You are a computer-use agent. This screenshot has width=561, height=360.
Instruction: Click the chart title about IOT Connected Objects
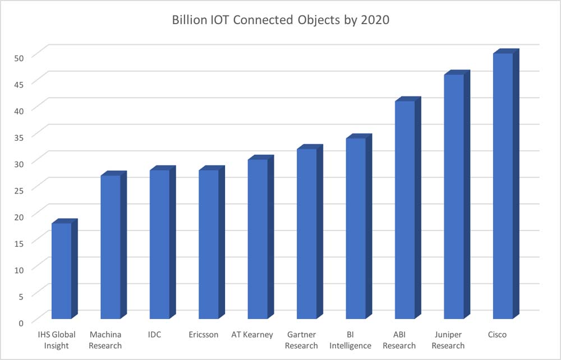(280, 21)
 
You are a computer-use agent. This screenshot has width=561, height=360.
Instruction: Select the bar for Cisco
(503, 185)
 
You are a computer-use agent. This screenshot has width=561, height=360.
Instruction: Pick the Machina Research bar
(110, 247)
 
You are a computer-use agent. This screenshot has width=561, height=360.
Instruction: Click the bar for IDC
(159, 244)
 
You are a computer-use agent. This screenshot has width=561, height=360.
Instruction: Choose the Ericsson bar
(208, 244)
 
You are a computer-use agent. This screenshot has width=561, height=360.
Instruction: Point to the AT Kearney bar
(257, 238)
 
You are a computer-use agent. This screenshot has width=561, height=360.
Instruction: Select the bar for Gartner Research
(306, 233)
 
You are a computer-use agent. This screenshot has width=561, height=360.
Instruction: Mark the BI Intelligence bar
(356, 228)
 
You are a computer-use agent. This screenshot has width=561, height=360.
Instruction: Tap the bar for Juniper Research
(454, 196)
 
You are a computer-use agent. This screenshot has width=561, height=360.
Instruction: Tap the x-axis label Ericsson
(204, 335)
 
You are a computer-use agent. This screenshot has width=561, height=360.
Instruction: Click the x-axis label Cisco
(497, 335)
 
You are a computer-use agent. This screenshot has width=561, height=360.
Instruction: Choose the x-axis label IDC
(154, 335)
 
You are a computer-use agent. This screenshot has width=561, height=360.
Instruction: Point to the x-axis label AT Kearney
(252, 335)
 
